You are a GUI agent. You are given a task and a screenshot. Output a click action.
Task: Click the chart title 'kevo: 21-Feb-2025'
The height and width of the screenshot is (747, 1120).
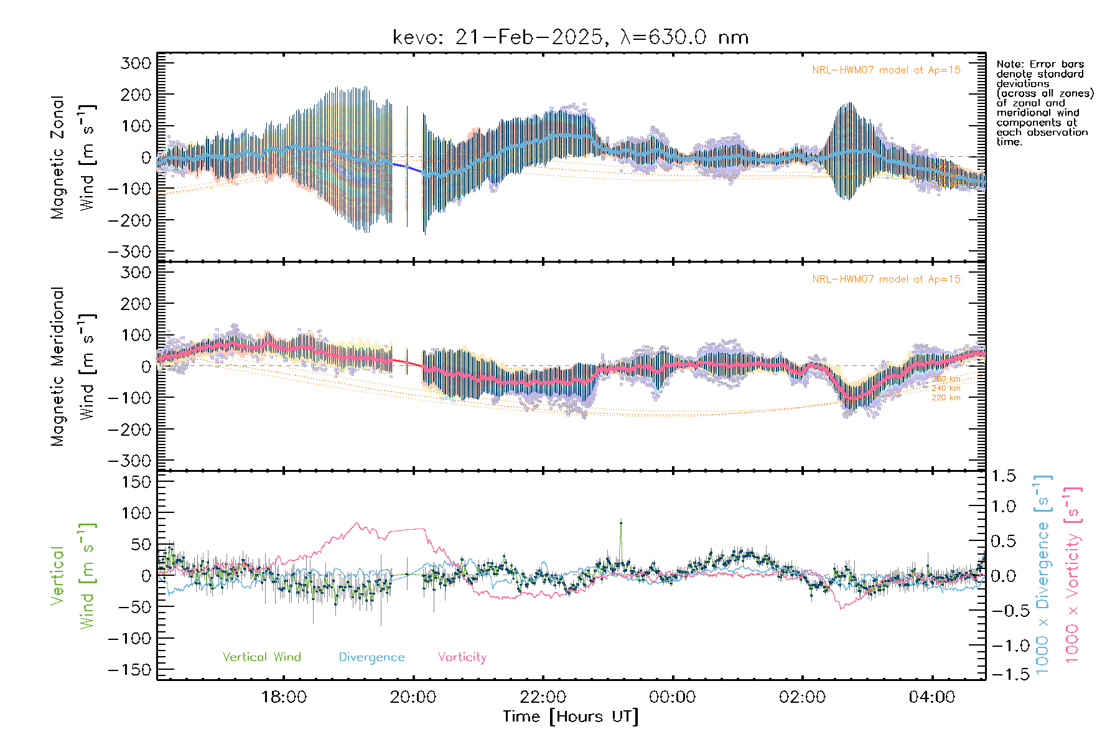click(498, 37)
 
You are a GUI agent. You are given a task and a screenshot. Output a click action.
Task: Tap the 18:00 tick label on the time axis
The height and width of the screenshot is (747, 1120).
click(284, 697)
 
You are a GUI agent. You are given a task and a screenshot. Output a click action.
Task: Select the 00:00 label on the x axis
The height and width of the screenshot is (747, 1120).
click(673, 697)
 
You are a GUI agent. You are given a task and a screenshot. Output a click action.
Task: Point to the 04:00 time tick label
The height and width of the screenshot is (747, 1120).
click(932, 697)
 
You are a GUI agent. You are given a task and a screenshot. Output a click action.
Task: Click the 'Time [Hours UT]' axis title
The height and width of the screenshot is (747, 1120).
click(571, 716)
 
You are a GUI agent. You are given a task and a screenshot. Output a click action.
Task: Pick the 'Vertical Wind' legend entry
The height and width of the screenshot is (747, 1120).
click(261, 657)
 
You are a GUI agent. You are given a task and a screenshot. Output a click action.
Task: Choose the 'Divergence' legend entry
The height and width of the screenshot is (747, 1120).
click(371, 657)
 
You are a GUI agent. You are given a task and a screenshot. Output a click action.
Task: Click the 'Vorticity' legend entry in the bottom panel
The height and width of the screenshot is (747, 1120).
click(462, 657)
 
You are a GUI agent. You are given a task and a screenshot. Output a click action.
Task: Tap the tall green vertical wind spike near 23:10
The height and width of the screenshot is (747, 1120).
click(620, 524)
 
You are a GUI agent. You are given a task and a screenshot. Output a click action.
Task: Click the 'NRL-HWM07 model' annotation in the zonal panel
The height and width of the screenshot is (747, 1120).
click(886, 70)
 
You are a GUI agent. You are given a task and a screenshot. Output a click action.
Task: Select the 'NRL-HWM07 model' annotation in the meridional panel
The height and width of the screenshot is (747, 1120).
click(886, 280)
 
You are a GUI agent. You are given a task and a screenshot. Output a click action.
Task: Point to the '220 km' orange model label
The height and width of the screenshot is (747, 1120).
click(946, 398)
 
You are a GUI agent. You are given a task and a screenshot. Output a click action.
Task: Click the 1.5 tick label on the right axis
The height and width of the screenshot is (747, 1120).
click(1004, 476)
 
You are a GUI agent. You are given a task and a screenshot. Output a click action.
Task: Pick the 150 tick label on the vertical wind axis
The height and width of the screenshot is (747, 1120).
click(136, 482)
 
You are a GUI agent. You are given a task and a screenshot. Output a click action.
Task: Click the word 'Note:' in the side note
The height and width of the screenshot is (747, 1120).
click(1008, 64)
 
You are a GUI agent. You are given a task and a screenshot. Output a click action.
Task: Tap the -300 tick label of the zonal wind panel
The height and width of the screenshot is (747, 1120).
click(129, 251)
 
